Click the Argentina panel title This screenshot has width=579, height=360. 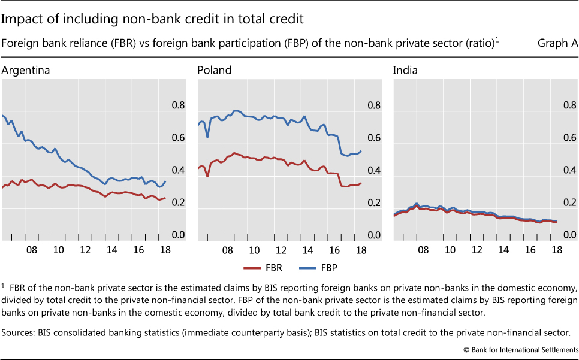[26, 71]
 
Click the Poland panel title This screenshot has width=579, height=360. [215, 71]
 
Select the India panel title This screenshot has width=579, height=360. [405, 71]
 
